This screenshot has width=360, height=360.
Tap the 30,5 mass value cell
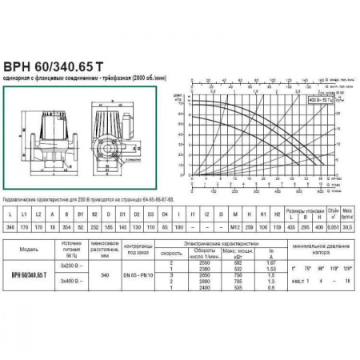click(x=347, y=227)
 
